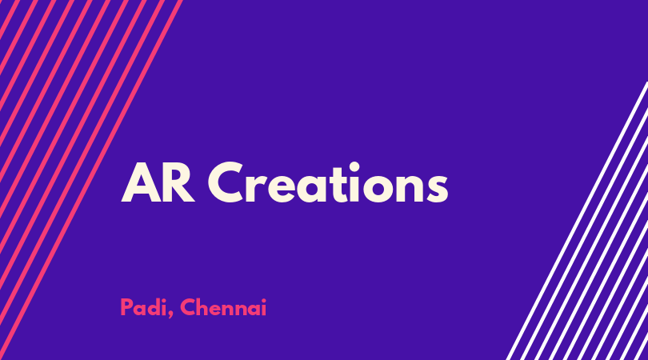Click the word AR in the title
[158, 183]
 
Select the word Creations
[328, 182]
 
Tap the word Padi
[144, 307]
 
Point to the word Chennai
[223, 307]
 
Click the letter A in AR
[141, 183]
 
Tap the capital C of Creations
[226, 182]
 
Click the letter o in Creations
[378, 189]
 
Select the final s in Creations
[437, 189]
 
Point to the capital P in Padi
[126, 307]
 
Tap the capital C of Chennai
[187, 307]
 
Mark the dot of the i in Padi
[163, 301]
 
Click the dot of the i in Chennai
[263, 301]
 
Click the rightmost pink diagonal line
[91, 180]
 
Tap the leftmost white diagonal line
[577, 221]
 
